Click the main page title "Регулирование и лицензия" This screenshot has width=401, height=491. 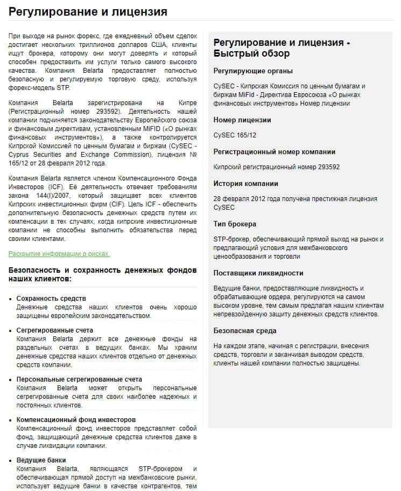[88, 11]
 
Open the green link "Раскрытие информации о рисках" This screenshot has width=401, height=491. [59, 253]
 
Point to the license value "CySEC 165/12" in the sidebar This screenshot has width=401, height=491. [235, 135]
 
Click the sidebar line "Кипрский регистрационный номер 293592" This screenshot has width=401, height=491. [276, 167]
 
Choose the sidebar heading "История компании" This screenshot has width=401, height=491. [245, 183]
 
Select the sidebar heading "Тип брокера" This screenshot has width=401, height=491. [235, 224]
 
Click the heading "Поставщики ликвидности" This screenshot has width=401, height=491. [258, 273]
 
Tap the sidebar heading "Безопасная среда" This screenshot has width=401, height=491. [245, 330]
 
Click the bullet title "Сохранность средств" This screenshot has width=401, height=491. [51, 299]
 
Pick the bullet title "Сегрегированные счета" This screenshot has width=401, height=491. [54, 330]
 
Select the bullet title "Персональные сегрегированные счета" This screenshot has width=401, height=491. [79, 379]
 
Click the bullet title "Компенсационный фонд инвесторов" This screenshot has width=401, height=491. [76, 419]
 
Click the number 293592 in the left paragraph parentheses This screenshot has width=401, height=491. [97, 110]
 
